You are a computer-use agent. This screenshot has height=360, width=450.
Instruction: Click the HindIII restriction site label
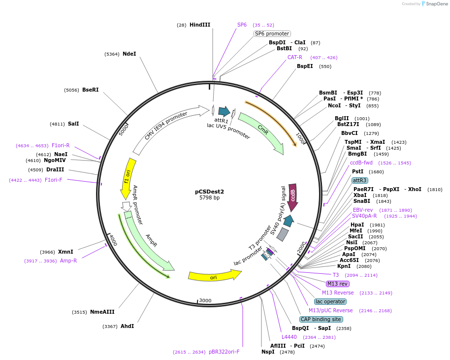coord(199,25)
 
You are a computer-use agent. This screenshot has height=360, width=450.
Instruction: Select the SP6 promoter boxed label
coord(272,33)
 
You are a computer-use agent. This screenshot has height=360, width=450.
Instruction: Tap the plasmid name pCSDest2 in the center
coord(209,192)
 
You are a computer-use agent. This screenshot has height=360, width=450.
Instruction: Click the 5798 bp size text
coord(209,198)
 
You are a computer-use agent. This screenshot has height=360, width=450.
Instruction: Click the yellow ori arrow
coord(214,276)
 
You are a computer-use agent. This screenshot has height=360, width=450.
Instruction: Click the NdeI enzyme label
coord(129,54)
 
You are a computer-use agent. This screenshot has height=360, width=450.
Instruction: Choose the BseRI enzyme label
coord(90,90)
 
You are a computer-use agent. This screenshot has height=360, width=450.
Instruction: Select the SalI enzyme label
coord(73,124)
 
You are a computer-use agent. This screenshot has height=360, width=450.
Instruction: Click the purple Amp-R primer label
coord(68,261)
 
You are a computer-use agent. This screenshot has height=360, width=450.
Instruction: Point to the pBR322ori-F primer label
coord(224,352)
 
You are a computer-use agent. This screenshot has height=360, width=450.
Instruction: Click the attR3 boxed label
coord(359,180)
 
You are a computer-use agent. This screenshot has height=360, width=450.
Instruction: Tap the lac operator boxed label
coord(330,301)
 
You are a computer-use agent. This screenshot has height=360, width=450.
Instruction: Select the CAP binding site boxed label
coord(321,319)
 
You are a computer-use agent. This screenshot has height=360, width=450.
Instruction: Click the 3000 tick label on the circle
coord(205,300)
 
